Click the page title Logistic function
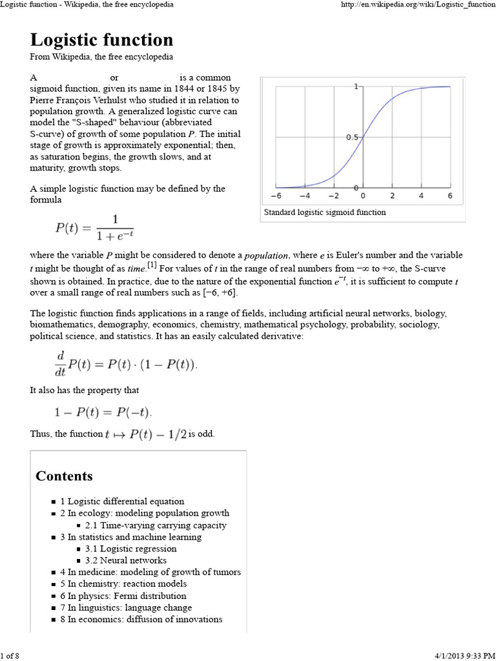tap(101, 40)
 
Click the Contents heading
tap(64, 476)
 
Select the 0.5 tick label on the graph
tap(352, 137)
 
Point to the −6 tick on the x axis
tap(275, 196)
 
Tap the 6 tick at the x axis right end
tap(449, 196)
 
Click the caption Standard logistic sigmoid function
tap(325, 212)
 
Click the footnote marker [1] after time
tap(151, 265)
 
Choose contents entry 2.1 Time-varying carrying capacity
tap(156, 525)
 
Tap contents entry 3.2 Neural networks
tap(125, 560)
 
